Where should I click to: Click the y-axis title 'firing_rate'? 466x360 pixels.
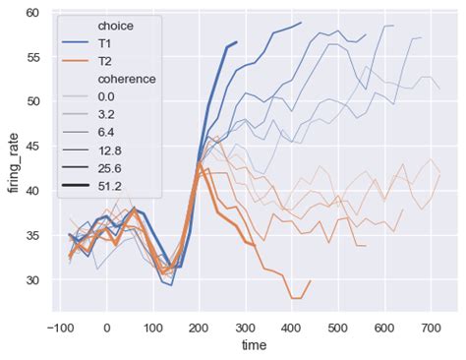tap(13, 162)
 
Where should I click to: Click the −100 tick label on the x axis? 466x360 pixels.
tap(58, 327)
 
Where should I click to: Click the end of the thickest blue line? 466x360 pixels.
tap(236, 42)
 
